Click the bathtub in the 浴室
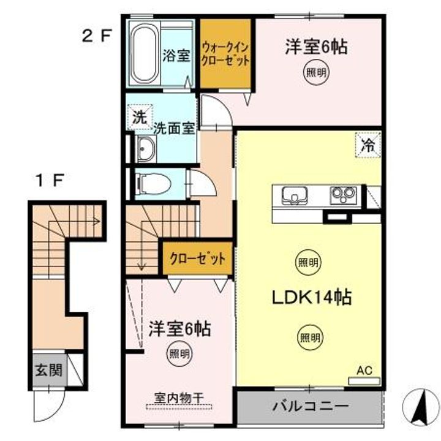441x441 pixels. [x=145, y=53]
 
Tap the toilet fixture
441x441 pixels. [x=153, y=184]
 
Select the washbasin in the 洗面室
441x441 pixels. [x=146, y=149]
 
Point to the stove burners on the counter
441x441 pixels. [x=343, y=195]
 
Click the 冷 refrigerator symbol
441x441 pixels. [x=368, y=145]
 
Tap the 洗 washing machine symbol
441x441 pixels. [x=140, y=117]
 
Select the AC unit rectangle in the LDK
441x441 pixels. [x=364, y=381]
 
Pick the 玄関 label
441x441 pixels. [x=48, y=369]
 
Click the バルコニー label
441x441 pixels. [x=311, y=406]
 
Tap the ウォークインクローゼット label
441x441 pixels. [x=225, y=54]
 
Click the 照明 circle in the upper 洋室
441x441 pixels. [x=316, y=72]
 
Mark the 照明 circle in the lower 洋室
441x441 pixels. [x=179, y=353]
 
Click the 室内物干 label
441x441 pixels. [x=179, y=398]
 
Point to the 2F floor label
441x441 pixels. [x=97, y=36]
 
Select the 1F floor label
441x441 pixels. [x=50, y=180]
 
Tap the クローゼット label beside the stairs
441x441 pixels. [x=198, y=258]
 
